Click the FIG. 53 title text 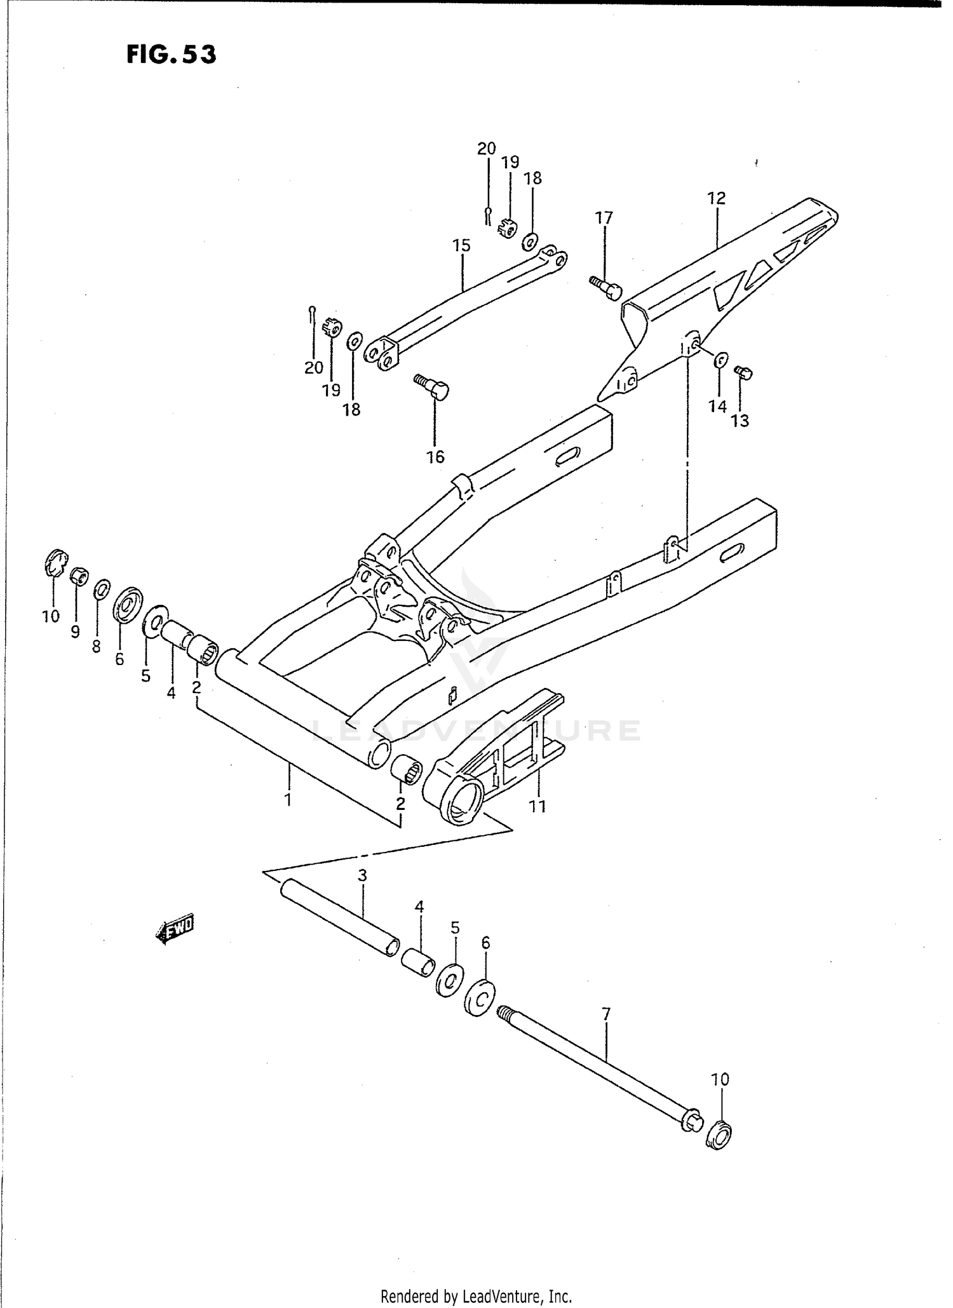pos(171,55)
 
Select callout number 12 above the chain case pos(716,198)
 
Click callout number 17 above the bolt pos(604,218)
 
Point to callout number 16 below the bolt pos(435,457)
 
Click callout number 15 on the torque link pos(461,245)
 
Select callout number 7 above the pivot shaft pos(605,1014)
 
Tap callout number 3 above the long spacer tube pos(362,875)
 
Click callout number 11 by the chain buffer pos(537,806)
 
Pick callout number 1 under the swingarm pos(288,799)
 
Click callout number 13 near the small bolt pos(740,421)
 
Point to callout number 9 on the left pos(75,631)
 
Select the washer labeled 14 pos(720,360)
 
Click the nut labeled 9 pos(79,576)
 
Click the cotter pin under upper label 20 pos(487,215)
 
